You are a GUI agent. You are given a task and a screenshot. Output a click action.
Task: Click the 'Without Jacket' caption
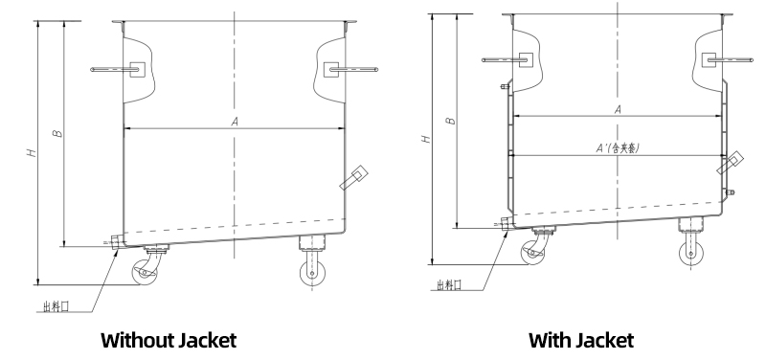[x=169, y=340]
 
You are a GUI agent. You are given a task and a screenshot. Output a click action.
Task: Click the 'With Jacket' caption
[x=581, y=340]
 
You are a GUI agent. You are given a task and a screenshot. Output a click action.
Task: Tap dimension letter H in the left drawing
[x=32, y=152]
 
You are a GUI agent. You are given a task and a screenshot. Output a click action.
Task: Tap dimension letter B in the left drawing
[x=57, y=133]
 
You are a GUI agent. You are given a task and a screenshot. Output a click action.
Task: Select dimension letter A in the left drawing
[x=235, y=122]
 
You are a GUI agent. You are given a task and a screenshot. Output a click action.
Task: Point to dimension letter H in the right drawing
[x=426, y=139]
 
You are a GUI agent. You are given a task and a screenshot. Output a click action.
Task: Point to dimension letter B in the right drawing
[x=452, y=121]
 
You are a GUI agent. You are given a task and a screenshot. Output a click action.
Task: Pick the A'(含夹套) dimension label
[x=618, y=148]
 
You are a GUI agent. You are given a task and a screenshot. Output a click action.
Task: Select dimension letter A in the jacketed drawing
[x=618, y=110]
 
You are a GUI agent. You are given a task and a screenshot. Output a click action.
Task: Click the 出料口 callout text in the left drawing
[x=56, y=306]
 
